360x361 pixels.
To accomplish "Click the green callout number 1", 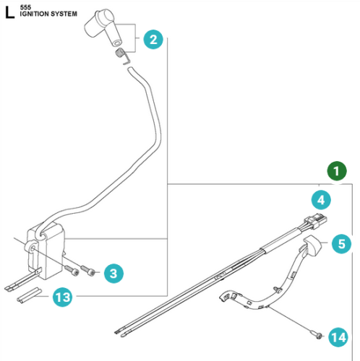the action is point(337,171).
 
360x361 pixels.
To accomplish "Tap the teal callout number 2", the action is point(153,40).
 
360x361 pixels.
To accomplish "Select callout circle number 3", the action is point(113,273).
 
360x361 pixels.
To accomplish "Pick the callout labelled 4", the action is point(321,200).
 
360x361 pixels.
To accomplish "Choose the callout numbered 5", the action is point(341,243).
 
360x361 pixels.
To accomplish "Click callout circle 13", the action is point(62,297).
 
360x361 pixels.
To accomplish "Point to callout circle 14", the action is point(338,337).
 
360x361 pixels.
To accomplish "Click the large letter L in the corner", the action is point(9,12).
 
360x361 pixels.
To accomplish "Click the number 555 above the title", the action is point(25,7).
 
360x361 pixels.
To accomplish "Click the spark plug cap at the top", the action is point(103,27).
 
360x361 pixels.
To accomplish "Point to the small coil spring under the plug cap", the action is point(122,56).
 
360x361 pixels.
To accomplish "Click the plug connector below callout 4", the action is point(316,222).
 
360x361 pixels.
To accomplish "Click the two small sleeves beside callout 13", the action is point(29,295).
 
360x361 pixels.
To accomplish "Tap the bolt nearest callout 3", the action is point(87,270).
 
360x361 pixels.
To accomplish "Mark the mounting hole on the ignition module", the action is point(33,248).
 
